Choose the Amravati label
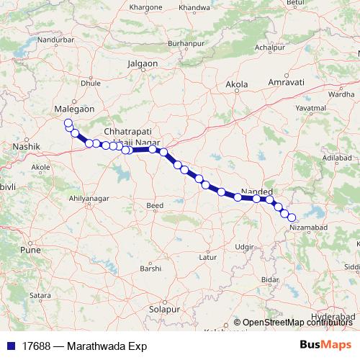(x=282, y=84)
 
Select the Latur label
(x=208, y=256)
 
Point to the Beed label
(x=155, y=206)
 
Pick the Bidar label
(x=271, y=279)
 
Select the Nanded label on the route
(x=256, y=191)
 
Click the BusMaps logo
(x=325, y=346)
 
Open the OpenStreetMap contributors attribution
(x=297, y=323)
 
